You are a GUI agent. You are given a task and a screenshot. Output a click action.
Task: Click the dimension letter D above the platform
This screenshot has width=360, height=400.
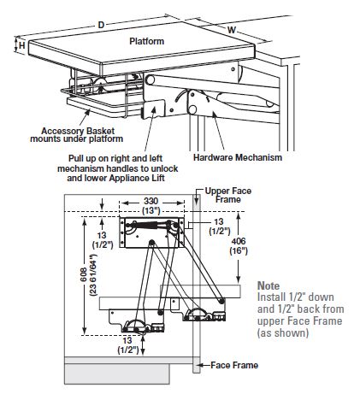[101, 25]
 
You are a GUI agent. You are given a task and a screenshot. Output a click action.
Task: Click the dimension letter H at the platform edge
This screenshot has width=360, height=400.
[22, 45]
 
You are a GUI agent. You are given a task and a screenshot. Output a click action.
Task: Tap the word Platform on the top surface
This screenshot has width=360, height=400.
[147, 41]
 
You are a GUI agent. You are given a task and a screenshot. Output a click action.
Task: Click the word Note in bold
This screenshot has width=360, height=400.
[269, 285]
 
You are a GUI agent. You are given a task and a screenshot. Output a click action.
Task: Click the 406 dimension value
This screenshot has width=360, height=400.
[239, 241]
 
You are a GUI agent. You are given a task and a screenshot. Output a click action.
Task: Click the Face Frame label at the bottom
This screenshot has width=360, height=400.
[234, 365]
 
